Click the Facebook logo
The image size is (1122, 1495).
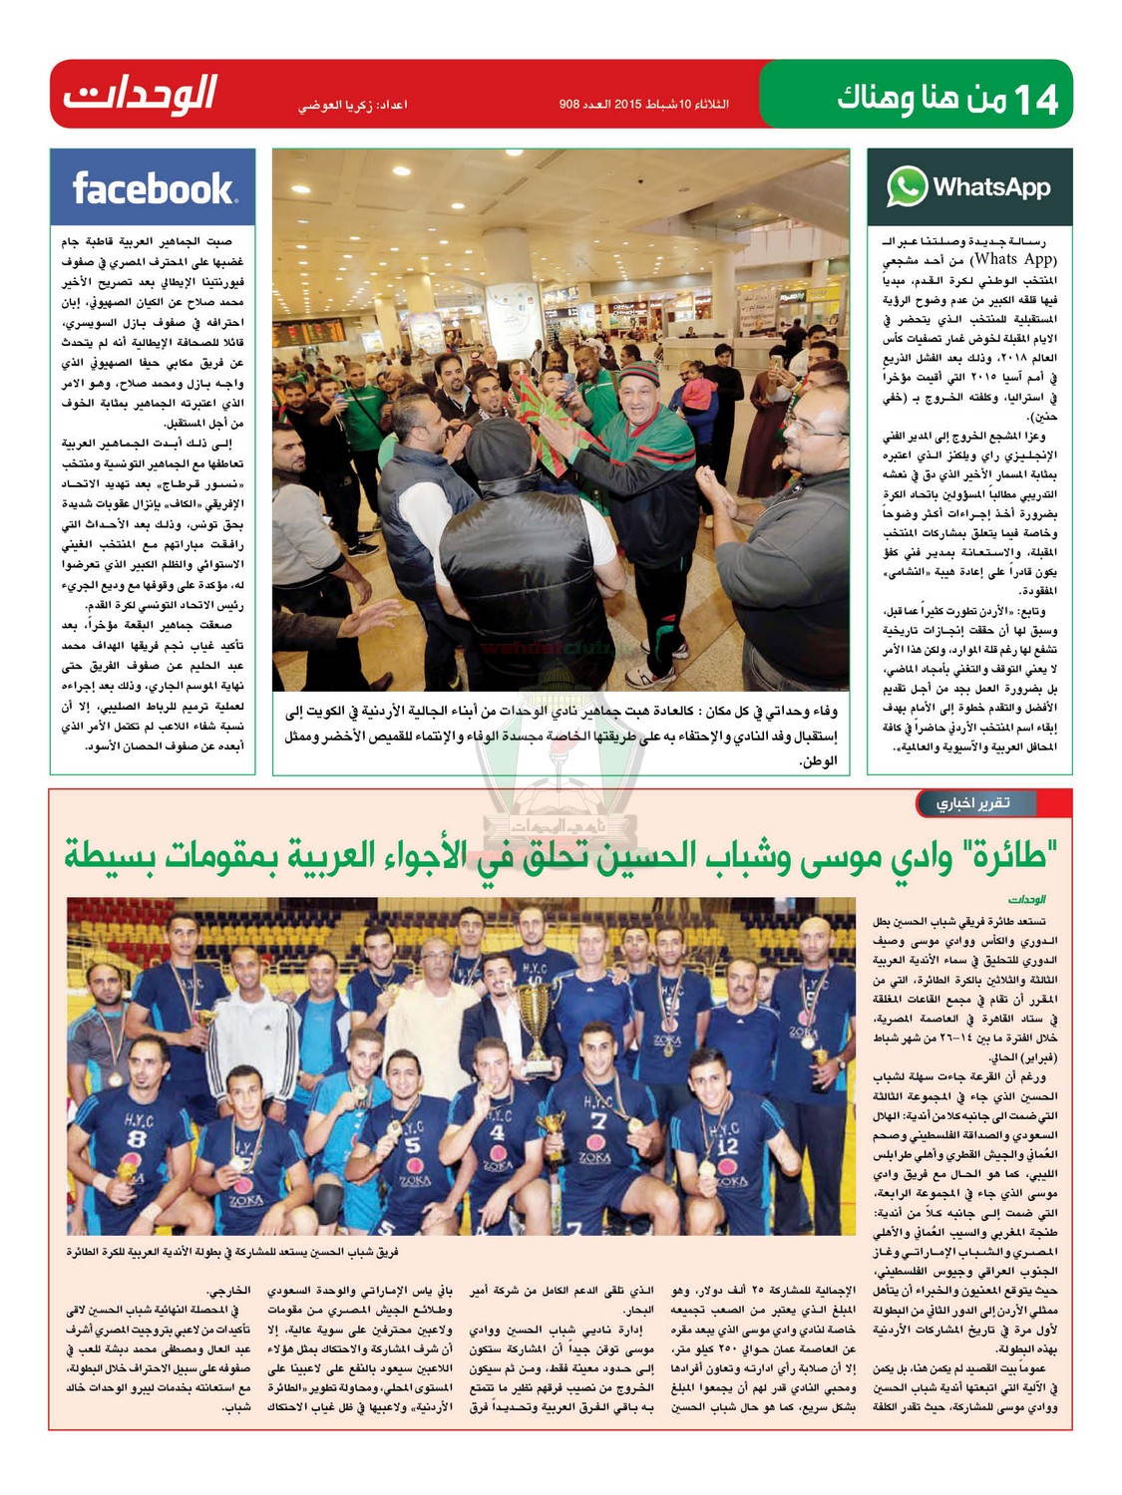tap(153, 187)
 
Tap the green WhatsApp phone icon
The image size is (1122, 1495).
tap(907, 186)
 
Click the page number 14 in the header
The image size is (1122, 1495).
tap(1034, 100)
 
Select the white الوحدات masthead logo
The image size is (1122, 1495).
tap(141, 96)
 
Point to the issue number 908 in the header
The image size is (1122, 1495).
tap(569, 104)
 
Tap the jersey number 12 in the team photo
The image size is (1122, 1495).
tap(728, 1146)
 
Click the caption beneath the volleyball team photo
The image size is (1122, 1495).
tap(232, 1252)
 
